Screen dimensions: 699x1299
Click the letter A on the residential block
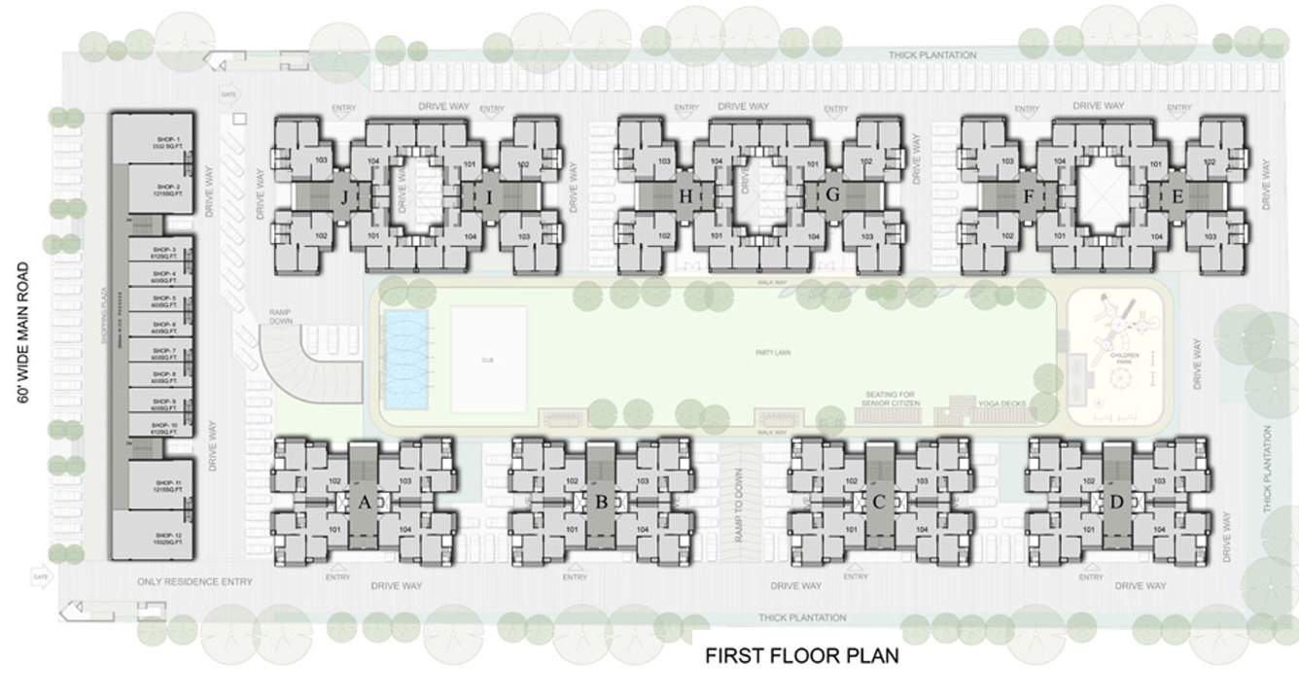click(x=365, y=502)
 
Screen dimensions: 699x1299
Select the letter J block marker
click(x=344, y=197)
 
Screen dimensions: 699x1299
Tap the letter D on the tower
click(x=1116, y=502)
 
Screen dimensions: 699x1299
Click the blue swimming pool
click(x=406, y=360)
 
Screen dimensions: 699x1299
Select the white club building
click(x=488, y=359)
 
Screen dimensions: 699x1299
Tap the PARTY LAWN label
click(x=774, y=354)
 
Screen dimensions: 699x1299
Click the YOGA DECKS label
click(x=1001, y=403)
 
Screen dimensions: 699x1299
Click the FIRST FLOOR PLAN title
click(x=801, y=656)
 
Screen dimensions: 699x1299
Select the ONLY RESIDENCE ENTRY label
click(x=194, y=581)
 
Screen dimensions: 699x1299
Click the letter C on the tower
click(x=879, y=502)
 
